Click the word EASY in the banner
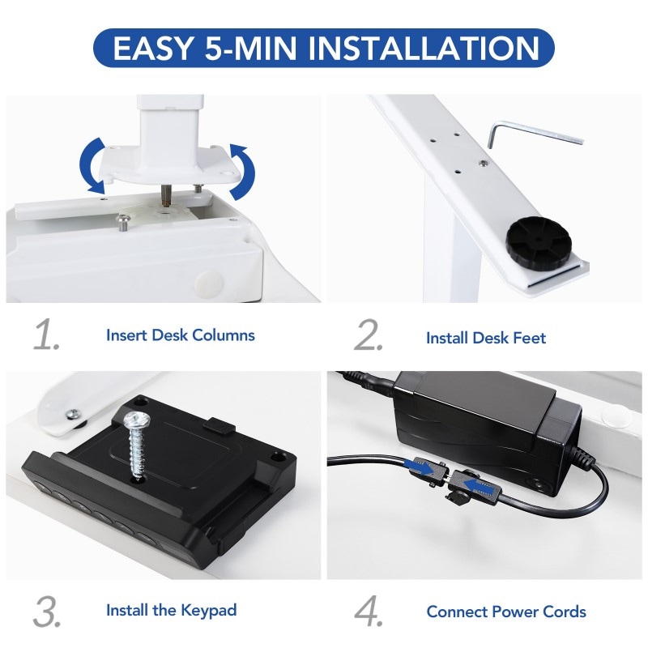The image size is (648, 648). click(x=153, y=49)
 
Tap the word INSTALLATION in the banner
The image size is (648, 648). click(x=424, y=49)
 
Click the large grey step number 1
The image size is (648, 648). click(x=47, y=335)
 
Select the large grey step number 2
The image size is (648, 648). click(x=369, y=335)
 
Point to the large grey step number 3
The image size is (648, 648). click(x=47, y=612)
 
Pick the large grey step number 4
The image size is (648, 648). click(x=369, y=612)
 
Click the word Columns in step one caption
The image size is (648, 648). click(x=224, y=335)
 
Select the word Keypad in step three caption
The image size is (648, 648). click(x=209, y=611)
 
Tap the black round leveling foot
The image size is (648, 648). click(x=539, y=244)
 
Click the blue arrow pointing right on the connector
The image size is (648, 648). click(x=421, y=467)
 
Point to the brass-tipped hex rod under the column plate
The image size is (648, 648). click(x=165, y=195)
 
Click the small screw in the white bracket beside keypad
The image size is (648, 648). click(x=74, y=414)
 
